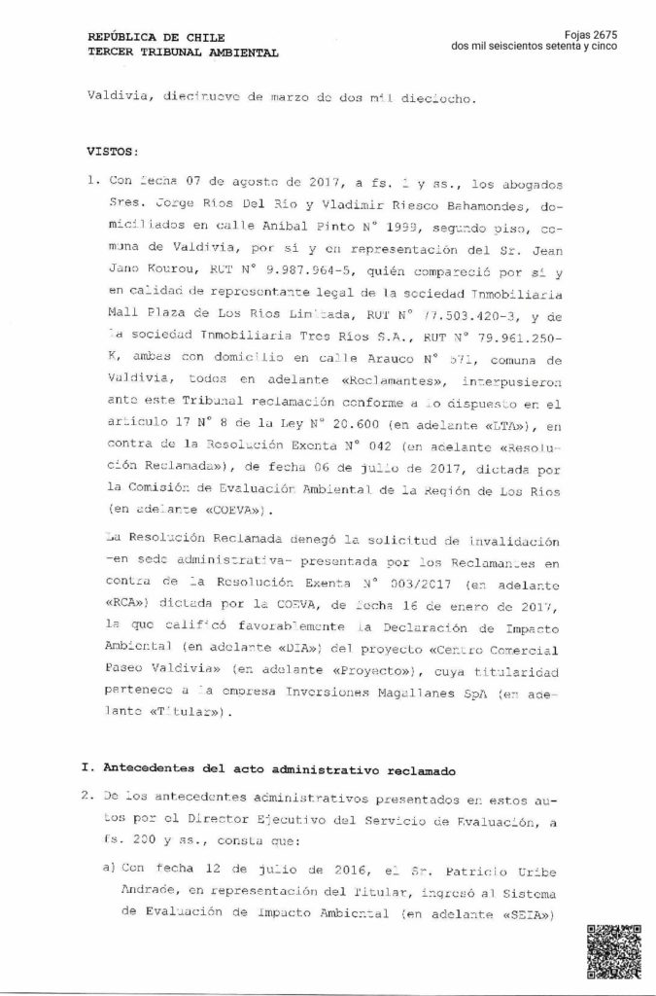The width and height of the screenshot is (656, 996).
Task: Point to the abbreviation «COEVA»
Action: pos(239,508)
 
